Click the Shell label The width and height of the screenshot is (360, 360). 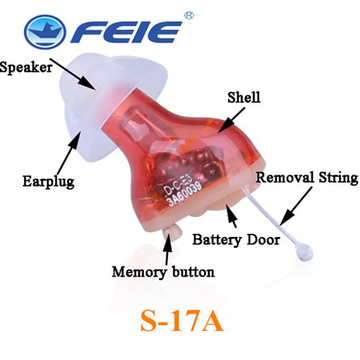pos(244,97)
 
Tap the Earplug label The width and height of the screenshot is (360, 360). pos(49,182)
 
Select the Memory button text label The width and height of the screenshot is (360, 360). pos(163,272)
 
